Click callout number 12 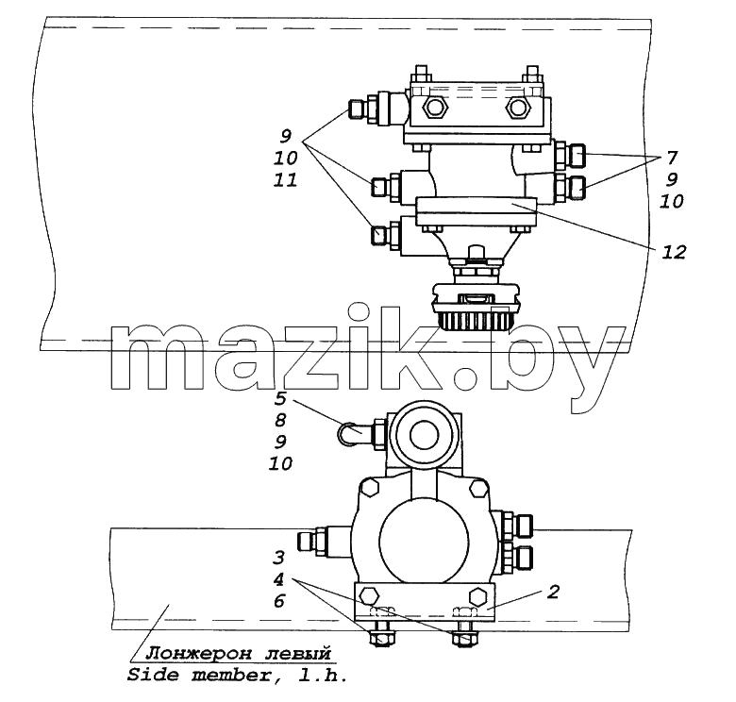click(x=674, y=253)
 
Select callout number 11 click(x=285, y=179)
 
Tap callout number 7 click(x=672, y=158)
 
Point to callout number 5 click(x=280, y=398)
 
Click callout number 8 click(x=280, y=420)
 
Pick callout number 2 click(x=553, y=592)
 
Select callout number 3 click(x=278, y=558)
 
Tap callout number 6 click(x=278, y=601)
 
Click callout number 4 click(x=278, y=579)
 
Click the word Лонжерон click(x=199, y=653)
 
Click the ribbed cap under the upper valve click(x=477, y=320)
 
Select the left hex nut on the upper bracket click(x=435, y=108)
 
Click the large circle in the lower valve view click(x=424, y=541)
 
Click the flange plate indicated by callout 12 click(x=477, y=211)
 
